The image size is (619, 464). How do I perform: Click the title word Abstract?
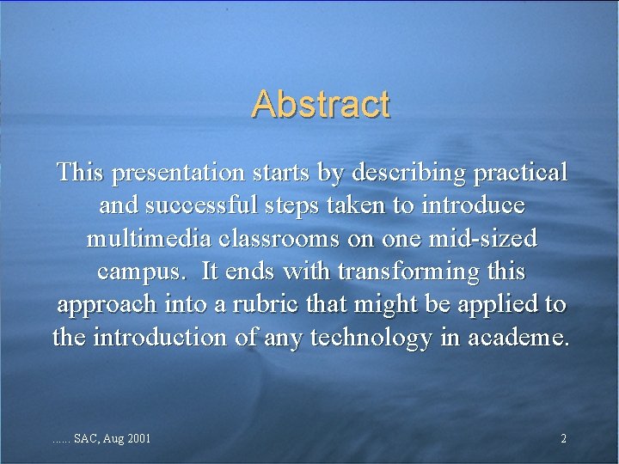[x=321, y=104]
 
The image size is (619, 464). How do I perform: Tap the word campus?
[x=142, y=272]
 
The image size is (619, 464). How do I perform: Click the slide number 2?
[x=563, y=439]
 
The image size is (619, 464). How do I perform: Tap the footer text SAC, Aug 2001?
[x=113, y=439]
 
